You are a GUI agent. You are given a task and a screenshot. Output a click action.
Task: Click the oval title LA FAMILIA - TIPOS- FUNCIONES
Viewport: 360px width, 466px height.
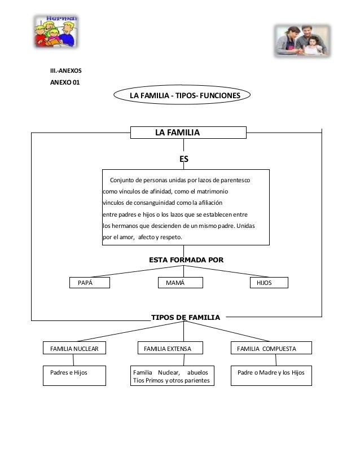click(185, 96)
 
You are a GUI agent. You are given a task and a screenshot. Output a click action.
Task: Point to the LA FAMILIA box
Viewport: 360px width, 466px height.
click(188, 133)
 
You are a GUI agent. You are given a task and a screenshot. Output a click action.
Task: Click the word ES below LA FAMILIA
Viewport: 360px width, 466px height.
click(184, 160)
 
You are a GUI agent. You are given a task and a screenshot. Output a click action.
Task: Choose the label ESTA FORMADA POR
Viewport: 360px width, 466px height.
click(186, 261)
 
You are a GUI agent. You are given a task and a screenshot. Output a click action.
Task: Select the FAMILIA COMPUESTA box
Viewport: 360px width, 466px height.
click(271, 349)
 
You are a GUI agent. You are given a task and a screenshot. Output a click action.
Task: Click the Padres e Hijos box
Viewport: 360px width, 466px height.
click(75, 376)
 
